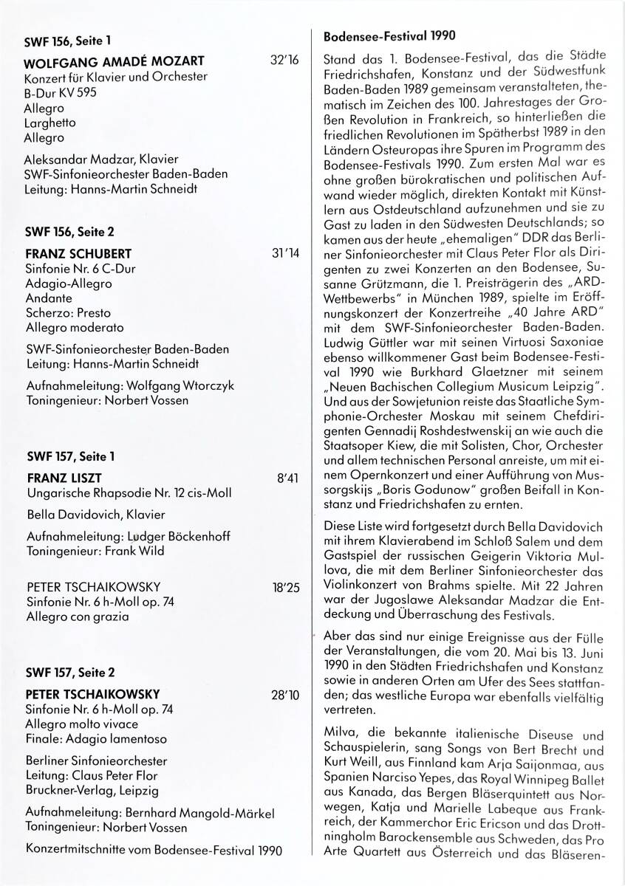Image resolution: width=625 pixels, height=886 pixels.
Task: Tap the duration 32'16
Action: [284, 61]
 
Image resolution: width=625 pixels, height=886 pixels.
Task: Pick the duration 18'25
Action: [284, 588]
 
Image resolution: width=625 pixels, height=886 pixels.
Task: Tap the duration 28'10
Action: [284, 695]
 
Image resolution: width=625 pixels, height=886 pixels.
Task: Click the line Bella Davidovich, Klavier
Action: [95, 514]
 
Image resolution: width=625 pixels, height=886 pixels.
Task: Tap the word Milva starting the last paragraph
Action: [338, 735]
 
